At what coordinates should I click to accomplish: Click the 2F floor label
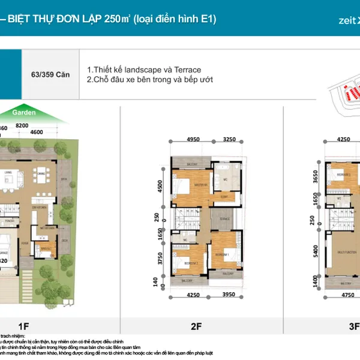coord(196,326)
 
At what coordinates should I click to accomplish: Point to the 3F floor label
coord(354,326)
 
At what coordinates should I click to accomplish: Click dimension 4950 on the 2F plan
coord(193,139)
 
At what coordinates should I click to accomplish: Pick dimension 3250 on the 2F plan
coord(230,139)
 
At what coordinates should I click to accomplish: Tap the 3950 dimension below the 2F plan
coord(231,295)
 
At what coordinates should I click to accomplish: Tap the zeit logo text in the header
coord(347,20)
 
